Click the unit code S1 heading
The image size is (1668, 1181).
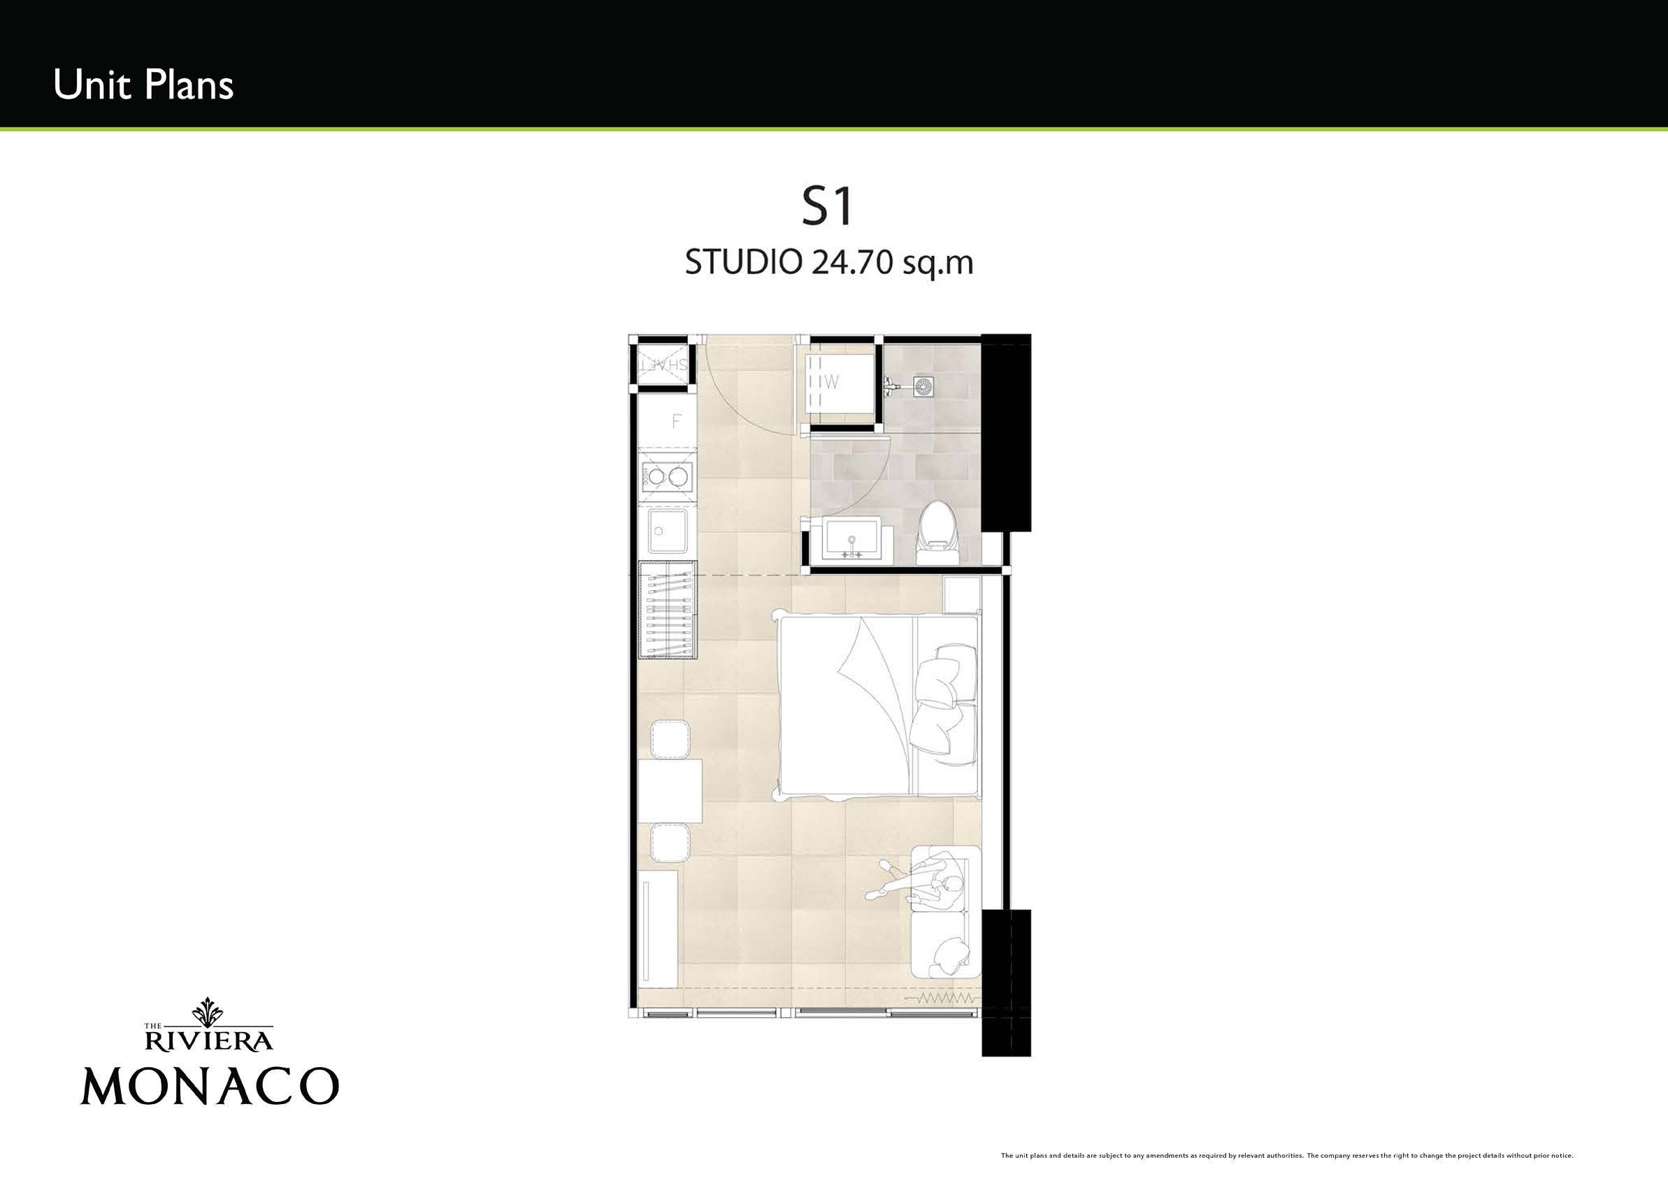(x=827, y=206)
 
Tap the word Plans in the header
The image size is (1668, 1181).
(x=188, y=85)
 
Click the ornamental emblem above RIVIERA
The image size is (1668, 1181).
(x=210, y=1011)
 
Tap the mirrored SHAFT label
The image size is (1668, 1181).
(x=663, y=365)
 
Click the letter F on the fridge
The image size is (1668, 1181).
(x=676, y=421)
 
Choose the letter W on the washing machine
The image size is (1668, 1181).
(x=831, y=381)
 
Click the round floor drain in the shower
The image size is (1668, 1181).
(x=924, y=386)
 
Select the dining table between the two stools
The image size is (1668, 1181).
(x=670, y=791)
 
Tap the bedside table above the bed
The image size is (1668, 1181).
(x=961, y=594)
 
